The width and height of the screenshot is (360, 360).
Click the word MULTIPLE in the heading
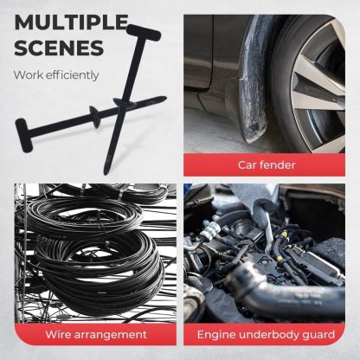pos(70,22)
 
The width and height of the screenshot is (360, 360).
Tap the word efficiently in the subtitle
pos(74,74)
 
